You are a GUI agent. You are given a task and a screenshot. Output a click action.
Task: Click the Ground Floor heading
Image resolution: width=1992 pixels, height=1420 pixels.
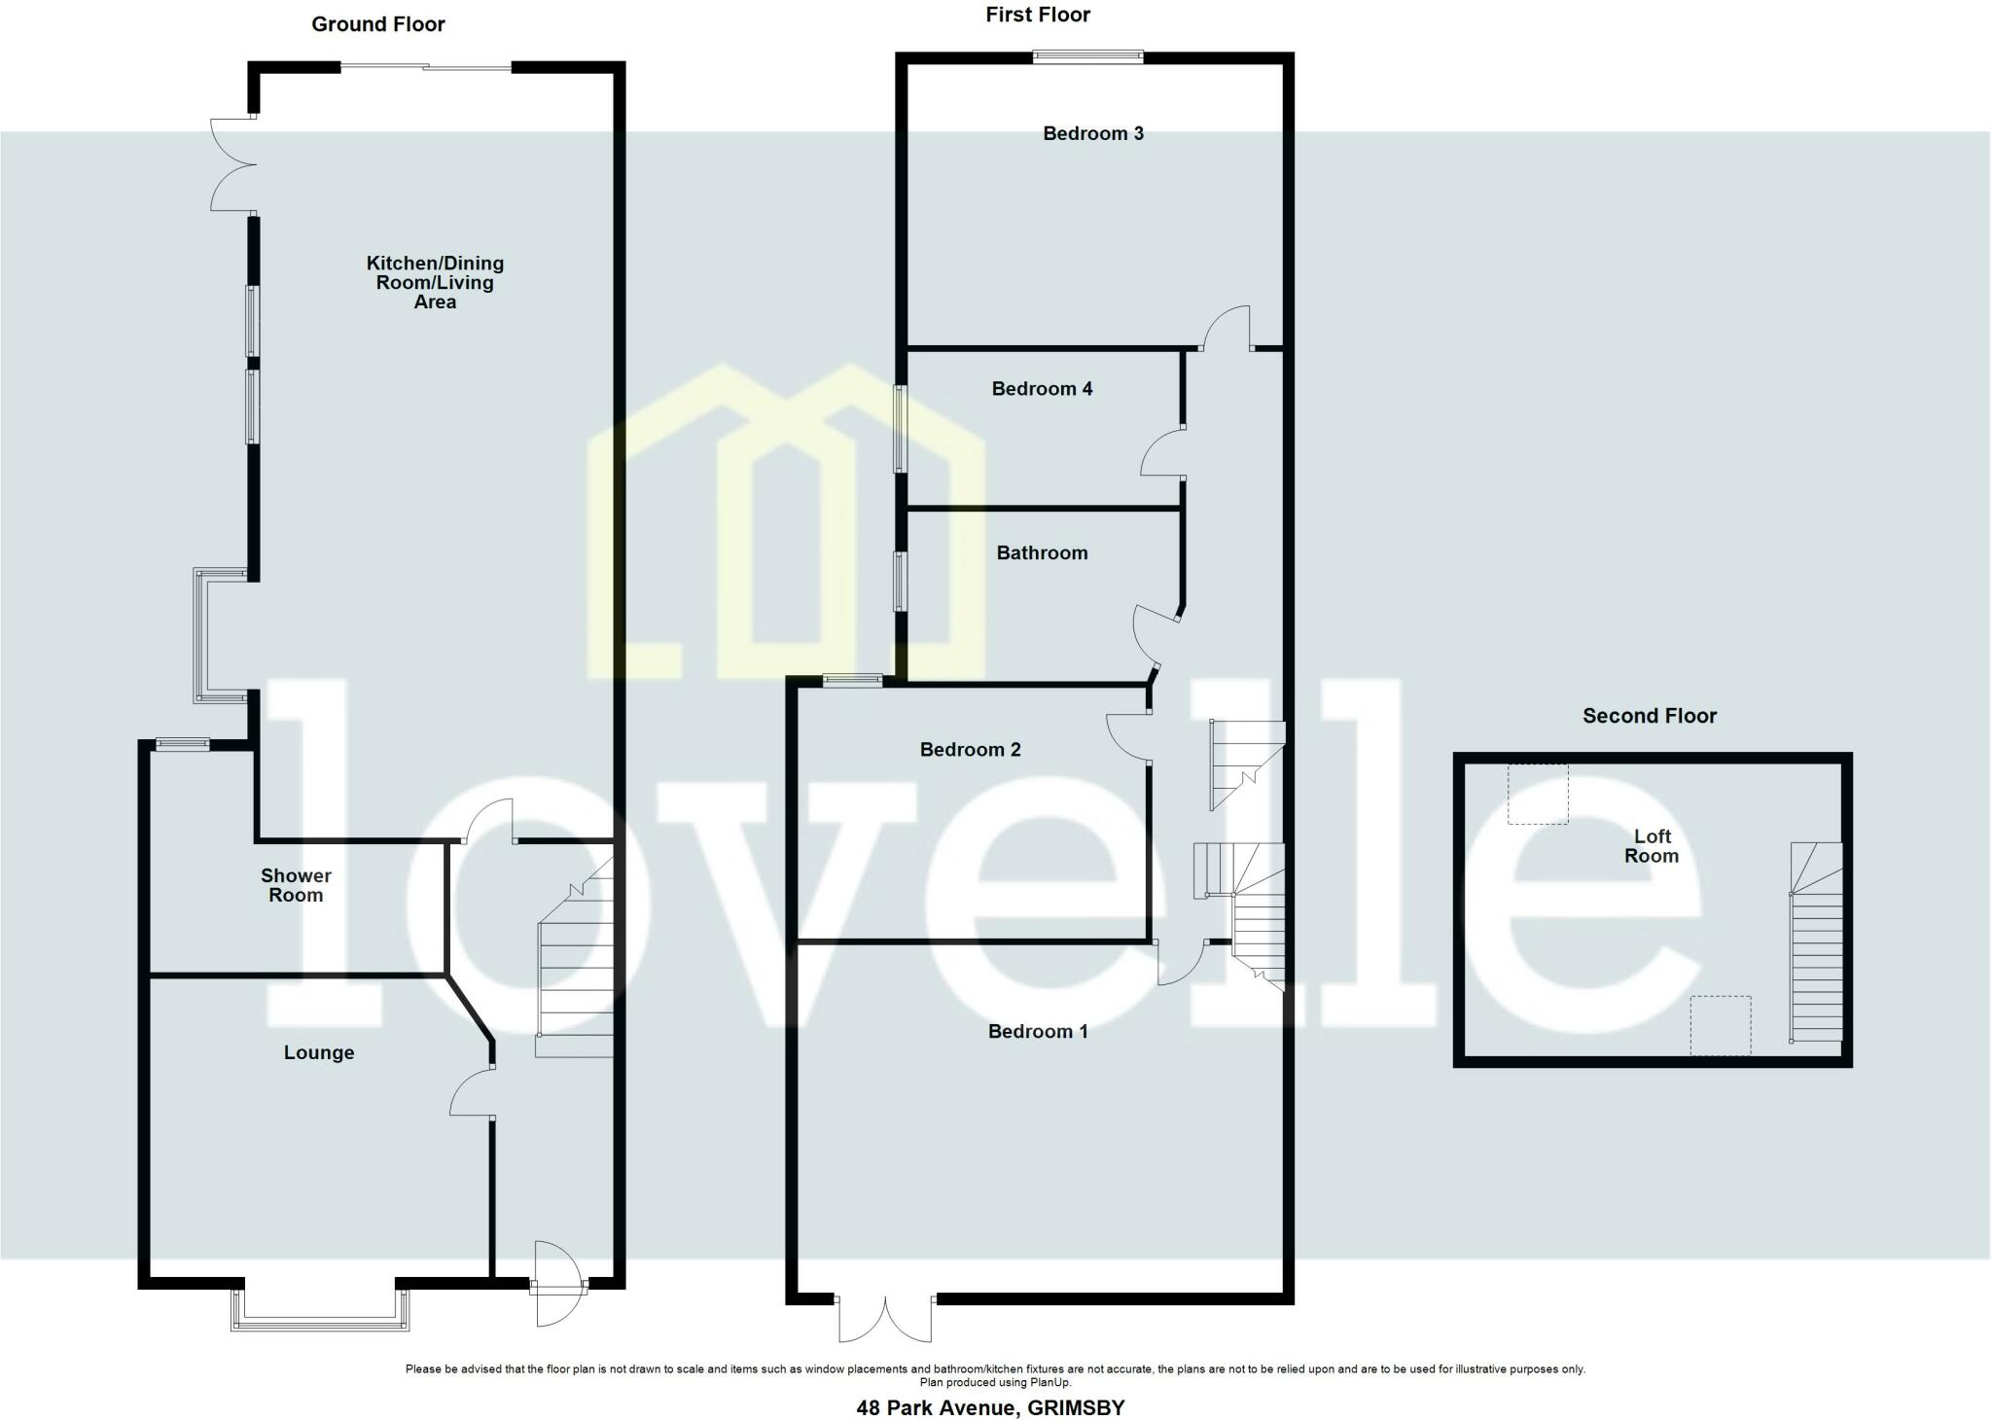coord(377,24)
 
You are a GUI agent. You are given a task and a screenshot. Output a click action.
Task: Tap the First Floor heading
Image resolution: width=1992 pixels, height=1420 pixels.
coord(1038,15)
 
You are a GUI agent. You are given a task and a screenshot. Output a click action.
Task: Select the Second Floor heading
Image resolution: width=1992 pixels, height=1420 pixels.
coord(1650,716)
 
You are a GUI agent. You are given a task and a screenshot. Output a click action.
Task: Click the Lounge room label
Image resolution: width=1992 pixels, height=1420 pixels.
coord(319,1052)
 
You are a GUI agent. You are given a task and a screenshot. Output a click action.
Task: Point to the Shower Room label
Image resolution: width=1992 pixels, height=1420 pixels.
coord(296,885)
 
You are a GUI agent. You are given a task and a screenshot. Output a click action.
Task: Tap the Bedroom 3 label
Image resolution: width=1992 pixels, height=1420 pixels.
coord(1093,133)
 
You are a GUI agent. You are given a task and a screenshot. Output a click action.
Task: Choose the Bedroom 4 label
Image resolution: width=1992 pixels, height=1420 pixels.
coord(1042,389)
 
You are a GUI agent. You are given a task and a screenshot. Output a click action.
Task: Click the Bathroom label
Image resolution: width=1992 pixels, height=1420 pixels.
coord(1042,552)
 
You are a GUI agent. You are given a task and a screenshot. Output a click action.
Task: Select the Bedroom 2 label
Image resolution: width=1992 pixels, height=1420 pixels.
coord(970,749)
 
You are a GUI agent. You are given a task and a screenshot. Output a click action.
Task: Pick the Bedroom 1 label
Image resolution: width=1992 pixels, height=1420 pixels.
coord(1038,1031)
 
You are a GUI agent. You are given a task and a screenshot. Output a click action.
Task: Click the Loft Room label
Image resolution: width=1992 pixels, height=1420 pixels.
coord(1652,846)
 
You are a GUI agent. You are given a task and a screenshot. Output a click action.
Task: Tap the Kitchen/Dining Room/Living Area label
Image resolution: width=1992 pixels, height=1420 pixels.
coord(435,282)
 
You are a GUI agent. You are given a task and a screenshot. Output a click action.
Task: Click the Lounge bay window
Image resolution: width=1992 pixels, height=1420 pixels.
coord(319,1311)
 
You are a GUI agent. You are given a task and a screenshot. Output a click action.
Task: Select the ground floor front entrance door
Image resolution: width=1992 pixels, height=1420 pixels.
coord(557,1284)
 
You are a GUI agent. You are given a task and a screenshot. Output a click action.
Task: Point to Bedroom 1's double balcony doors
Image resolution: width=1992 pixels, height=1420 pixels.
coord(884,1318)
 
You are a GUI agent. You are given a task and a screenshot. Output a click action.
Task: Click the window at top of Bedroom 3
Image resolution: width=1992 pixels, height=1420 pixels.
coord(1087,56)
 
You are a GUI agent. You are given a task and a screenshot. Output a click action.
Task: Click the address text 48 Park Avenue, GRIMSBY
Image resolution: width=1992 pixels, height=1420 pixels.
coord(990,1407)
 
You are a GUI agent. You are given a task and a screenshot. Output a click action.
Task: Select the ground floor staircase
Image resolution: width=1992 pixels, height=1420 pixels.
coord(576,973)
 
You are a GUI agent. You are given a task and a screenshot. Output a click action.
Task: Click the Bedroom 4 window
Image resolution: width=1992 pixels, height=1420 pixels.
coord(901,429)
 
